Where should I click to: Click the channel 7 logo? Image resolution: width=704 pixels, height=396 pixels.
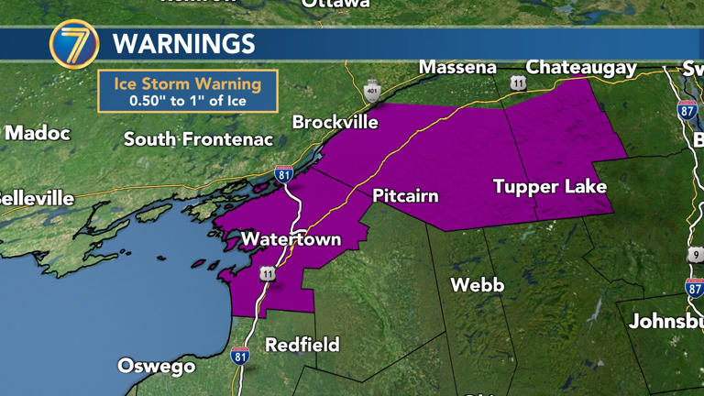click(74, 44)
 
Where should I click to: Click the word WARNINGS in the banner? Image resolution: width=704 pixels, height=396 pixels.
click(183, 43)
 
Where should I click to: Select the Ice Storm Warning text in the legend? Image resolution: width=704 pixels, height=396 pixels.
click(187, 83)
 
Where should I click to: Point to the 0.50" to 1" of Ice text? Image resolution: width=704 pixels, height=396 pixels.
click(187, 101)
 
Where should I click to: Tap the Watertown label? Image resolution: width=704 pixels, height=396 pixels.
click(291, 239)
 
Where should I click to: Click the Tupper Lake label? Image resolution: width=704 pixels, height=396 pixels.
click(550, 186)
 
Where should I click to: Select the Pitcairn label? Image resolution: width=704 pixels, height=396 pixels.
click(405, 196)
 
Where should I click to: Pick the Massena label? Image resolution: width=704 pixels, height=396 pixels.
click(457, 67)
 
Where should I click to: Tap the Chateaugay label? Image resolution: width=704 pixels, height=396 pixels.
click(581, 67)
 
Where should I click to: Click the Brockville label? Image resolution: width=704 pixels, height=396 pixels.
click(335, 122)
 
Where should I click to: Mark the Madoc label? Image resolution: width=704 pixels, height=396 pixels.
click(37, 133)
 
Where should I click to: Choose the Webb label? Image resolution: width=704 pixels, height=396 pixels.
click(477, 285)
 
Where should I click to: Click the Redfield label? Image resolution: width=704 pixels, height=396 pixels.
click(302, 345)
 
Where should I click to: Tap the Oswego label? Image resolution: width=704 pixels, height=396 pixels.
click(156, 366)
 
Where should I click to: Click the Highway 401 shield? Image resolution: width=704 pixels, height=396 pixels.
click(371, 90)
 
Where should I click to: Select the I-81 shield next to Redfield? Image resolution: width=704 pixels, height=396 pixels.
click(240, 356)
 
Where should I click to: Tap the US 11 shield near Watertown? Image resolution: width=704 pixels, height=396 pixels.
click(267, 273)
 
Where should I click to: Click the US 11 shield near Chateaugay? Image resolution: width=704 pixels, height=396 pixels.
click(519, 82)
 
